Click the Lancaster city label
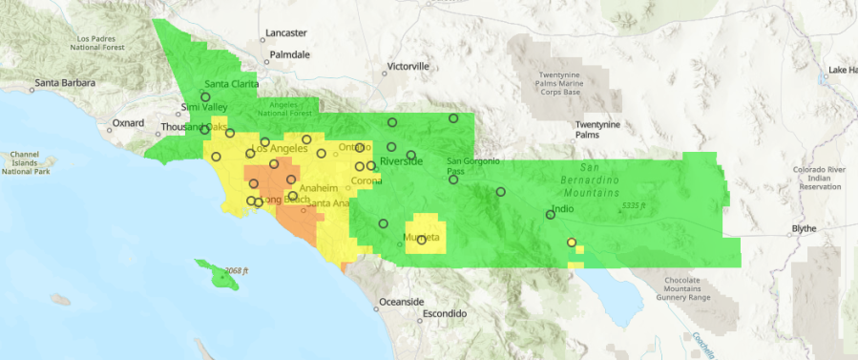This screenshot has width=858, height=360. pos(286,32)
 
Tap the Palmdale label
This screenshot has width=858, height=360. pos(289,54)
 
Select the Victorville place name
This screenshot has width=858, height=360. pos(408,67)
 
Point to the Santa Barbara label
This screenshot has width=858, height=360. pos(65,83)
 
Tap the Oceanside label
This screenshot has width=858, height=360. pos(402,302)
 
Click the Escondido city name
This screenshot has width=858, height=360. pos(445,313)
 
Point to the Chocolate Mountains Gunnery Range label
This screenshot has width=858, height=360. pos(674,289)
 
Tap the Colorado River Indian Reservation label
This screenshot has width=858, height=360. pos(819,178)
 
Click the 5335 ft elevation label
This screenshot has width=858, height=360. pos(633,206)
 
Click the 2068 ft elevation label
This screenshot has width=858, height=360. pos(233,271)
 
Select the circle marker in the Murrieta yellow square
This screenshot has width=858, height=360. pos(421,240)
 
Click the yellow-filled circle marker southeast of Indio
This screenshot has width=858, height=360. pos(572,243)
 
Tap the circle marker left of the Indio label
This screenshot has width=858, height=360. pos(550,214)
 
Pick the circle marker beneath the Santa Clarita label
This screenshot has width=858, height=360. pos(205,96)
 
